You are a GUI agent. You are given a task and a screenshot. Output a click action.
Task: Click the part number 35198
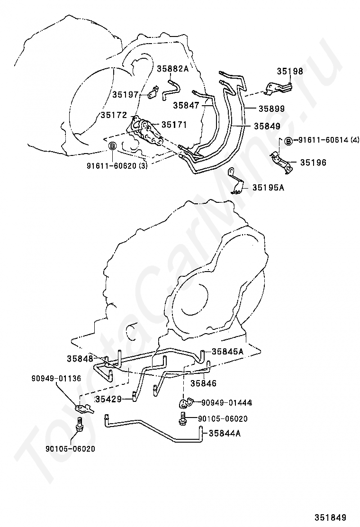(x=290, y=71)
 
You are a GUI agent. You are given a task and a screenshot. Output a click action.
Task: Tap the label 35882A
(x=173, y=69)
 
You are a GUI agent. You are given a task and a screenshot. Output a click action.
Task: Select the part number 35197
(x=125, y=94)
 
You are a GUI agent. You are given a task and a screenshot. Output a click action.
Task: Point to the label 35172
(x=114, y=115)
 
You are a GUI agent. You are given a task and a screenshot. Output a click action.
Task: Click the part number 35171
(x=174, y=125)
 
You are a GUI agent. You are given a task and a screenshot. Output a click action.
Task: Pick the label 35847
(x=186, y=106)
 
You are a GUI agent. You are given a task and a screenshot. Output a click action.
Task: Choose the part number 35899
(x=272, y=109)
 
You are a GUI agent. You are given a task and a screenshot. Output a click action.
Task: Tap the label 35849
(x=267, y=126)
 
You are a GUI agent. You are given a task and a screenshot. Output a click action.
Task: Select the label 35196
(x=313, y=163)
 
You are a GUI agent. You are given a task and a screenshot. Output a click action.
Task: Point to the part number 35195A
(x=268, y=188)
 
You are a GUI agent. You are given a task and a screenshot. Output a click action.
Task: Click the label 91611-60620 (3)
(x=117, y=166)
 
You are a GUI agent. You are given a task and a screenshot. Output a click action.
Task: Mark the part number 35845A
(x=227, y=352)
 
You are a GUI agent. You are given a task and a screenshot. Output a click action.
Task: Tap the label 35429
(x=108, y=400)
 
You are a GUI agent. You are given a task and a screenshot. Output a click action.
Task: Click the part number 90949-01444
(x=227, y=403)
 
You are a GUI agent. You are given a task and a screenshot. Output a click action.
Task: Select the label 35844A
(x=225, y=434)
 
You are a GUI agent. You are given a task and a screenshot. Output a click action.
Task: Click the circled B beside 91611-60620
(x=113, y=146)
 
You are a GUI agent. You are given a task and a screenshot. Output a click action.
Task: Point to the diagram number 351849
(x=331, y=517)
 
